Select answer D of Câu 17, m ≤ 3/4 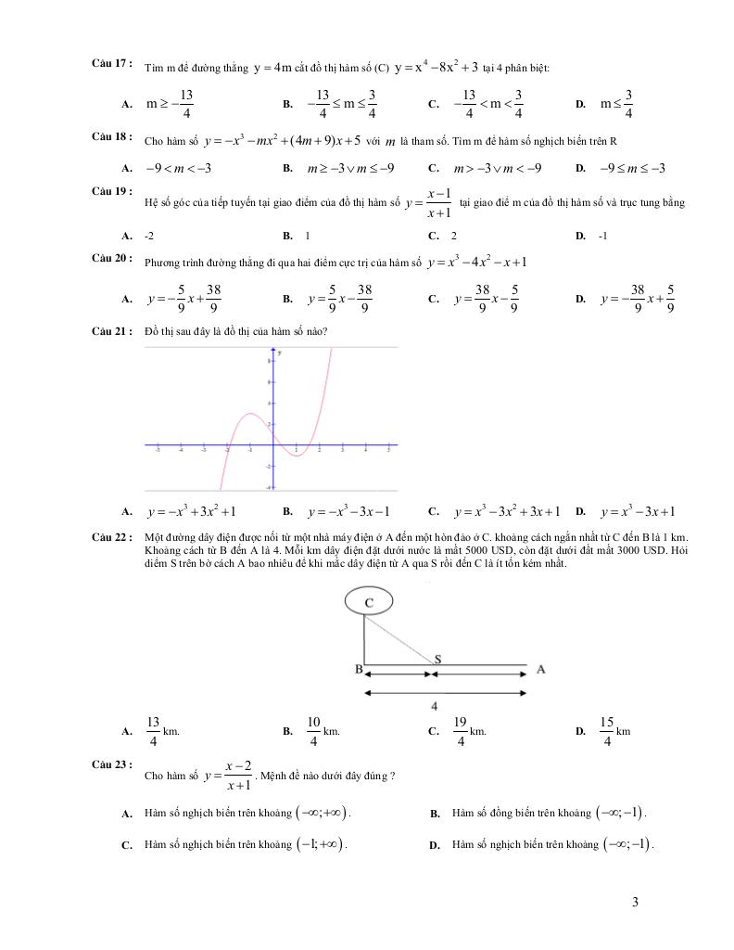tap(616, 104)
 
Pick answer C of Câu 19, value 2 tap(454, 236)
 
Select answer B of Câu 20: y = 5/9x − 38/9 tap(339, 300)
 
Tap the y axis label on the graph tap(280, 354)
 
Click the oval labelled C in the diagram tap(369, 603)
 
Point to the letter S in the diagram tap(437, 658)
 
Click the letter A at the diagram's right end tap(541, 668)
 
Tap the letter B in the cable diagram tap(358, 668)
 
